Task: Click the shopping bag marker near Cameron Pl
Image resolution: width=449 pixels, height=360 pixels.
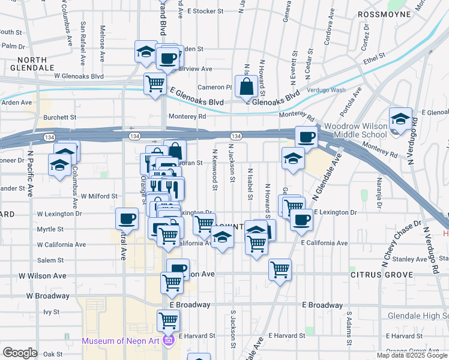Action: pyautogui.click(x=246, y=87)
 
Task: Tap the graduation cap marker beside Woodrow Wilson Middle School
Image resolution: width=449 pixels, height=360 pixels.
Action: pyautogui.click(x=400, y=119)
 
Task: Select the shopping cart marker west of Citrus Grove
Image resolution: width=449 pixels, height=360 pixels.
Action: pyautogui.click(x=280, y=271)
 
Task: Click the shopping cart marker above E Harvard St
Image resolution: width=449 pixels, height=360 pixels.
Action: pyautogui.click(x=169, y=321)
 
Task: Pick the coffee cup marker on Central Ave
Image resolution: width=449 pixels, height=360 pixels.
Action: pyautogui.click(x=127, y=219)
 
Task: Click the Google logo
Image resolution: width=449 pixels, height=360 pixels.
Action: pyautogui.click(x=20, y=353)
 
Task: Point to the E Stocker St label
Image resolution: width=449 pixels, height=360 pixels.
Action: pyautogui.click(x=205, y=11)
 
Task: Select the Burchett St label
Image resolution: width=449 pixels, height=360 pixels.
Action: pyautogui.click(x=60, y=118)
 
